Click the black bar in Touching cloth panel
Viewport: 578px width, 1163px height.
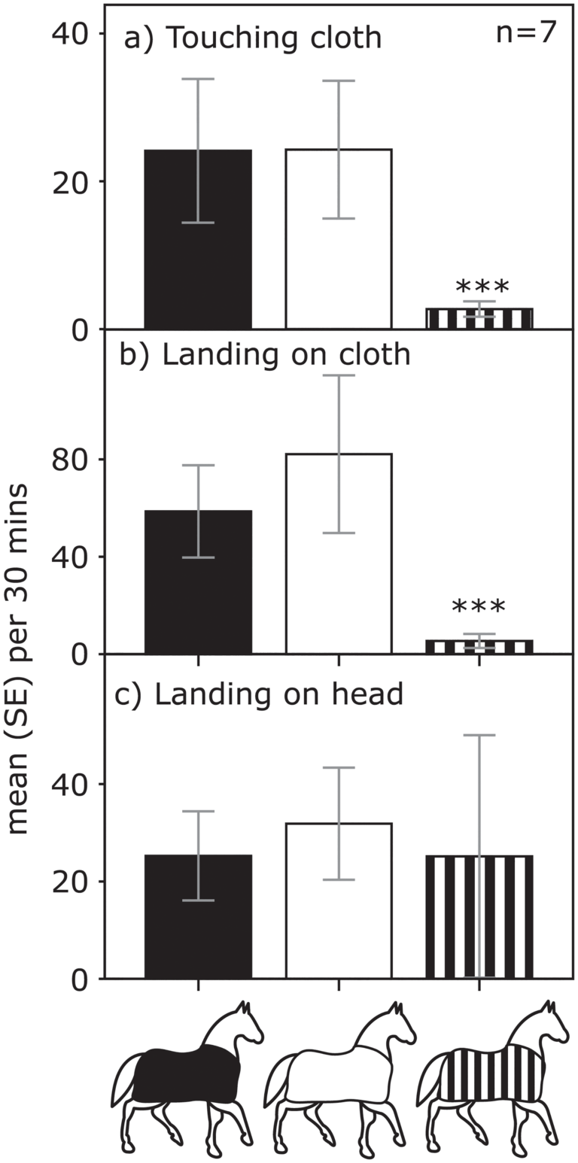(198, 239)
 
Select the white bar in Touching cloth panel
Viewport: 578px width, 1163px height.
(339, 238)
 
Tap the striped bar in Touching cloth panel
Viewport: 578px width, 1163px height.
(479, 318)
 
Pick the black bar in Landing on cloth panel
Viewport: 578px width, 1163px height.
(198, 582)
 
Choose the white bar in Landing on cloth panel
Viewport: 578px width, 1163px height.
(339, 554)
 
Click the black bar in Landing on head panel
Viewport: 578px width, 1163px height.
(198, 917)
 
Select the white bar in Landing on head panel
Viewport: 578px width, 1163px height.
(339, 900)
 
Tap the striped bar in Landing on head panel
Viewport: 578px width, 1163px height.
(479, 918)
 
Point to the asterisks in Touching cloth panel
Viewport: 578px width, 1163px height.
(482, 287)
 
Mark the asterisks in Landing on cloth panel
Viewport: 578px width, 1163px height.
(479, 606)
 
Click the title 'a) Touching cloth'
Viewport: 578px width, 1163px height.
(252, 38)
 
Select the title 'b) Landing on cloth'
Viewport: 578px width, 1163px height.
(265, 355)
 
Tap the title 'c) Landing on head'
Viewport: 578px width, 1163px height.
(259, 694)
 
